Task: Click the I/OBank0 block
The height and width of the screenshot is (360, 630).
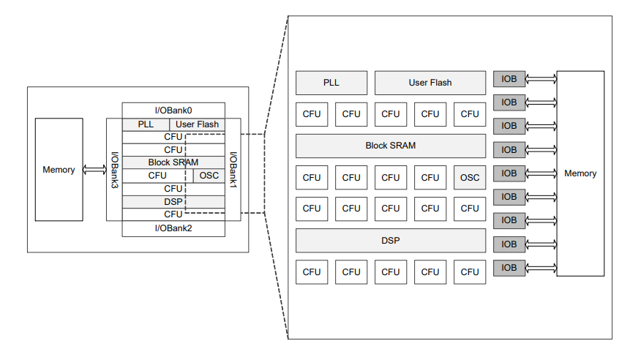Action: pos(173,110)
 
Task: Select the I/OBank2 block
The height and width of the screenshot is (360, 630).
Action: pos(173,228)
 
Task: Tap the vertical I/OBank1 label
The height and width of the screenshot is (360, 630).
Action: pos(233,168)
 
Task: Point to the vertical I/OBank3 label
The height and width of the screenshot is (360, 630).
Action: pos(114,170)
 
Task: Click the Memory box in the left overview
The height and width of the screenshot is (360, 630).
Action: pos(59,170)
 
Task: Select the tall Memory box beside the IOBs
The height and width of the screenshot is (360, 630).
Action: pos(580,173)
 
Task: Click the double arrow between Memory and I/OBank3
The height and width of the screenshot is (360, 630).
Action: pos(94,170)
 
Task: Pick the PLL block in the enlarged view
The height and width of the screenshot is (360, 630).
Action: pos(331,83)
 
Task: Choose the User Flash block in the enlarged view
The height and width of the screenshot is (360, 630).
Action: pos(430,83)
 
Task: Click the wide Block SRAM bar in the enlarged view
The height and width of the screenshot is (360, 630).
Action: pos(391,146)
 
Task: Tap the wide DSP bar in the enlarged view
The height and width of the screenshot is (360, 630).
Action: pos(391,240)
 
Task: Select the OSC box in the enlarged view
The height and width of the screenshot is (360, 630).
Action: pos(470,177)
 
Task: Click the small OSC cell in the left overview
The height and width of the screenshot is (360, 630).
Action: pos(209,176)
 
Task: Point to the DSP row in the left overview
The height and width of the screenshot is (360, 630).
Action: pos(173,201)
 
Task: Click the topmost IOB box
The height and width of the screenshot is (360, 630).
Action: pos(509,79)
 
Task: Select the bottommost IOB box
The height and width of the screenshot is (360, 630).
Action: pos(509,268)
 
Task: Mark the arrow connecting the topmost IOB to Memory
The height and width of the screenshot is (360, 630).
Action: pos(541,79)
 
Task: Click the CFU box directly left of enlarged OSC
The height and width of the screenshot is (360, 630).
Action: pos(430,177)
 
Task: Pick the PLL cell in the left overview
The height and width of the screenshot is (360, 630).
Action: pos(146,124)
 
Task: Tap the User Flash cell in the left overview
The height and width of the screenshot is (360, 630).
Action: pos(197,124)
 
